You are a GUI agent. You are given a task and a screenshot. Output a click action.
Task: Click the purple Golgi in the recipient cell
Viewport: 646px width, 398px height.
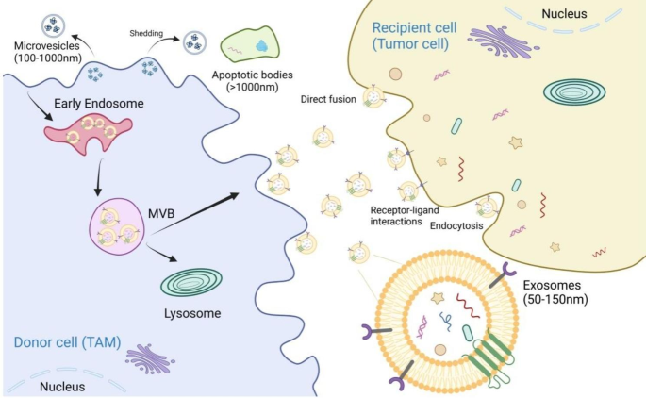coord(499,39)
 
